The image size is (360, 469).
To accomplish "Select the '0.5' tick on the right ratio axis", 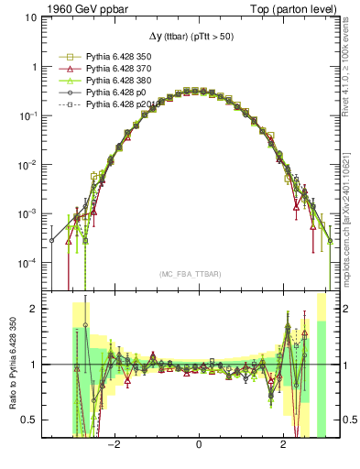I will click(x=347, y=420).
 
